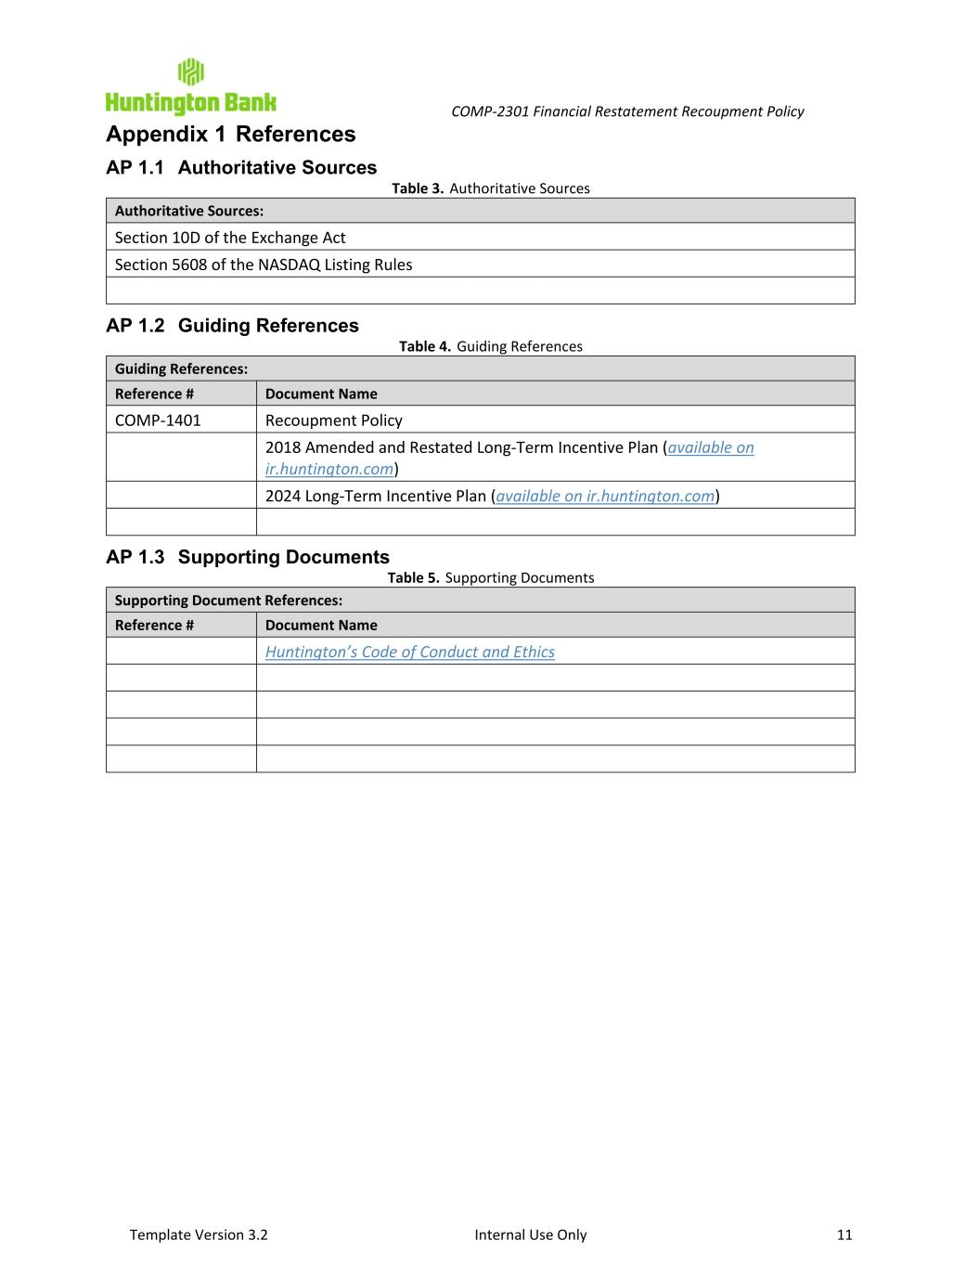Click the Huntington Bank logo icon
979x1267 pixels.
pos(190,71)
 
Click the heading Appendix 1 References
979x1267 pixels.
pos(230,135)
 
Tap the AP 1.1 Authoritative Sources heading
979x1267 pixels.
pos(241,168)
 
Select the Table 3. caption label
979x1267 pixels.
pos(418,188)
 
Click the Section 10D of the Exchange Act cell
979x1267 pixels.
pos(230,238)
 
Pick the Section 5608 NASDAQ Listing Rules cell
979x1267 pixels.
pos(264,265)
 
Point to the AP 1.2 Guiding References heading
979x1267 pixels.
pos(232,326)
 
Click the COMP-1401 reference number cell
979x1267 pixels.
pos(158,420)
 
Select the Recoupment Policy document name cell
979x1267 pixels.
pos(334,420)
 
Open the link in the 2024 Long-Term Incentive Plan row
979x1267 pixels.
pos(605,496)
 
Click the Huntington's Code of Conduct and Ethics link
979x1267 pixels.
pos(409,652)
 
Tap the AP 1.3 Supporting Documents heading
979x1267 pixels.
pos(248,557)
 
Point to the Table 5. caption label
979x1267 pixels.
pos(413,577)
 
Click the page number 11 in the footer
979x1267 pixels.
pos(844,1235)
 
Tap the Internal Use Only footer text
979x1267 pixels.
pos(530,1235)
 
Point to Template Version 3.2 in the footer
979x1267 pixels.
pos(199,1235)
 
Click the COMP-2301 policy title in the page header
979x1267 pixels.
pos(627,111)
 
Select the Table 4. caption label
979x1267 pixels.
pos(425,346)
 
